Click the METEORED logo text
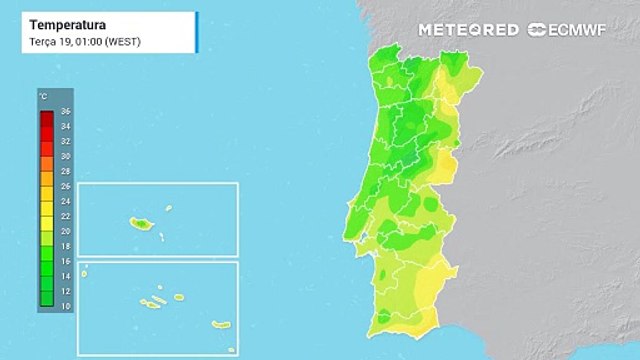468,30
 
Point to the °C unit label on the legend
44,96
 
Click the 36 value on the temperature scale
66,111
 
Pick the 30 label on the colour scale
66,156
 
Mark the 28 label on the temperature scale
66,171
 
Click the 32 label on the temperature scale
66,141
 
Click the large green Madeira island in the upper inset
137,224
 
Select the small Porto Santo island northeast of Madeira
168,209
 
